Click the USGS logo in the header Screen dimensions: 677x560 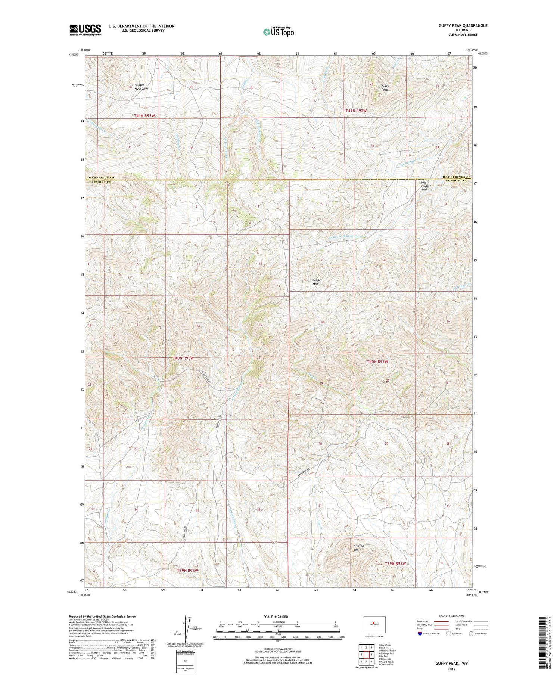pyautogui.click(x=85, y=30)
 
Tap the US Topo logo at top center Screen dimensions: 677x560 pyautogui.click(x=278, y=32)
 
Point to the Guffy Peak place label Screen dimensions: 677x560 pyautogui.click(x=385, y=88)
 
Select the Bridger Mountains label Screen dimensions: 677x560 pyautogui.click(x=141, y=87)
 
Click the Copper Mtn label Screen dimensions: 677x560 pyautogui.click(x=317, y=282)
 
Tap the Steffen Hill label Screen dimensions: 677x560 pyautogui.click(x=358, y=548)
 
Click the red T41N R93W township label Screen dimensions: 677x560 pyautogui.click(x=144, y=116)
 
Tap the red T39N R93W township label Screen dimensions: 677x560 pyautogui.click(x=187, y=571)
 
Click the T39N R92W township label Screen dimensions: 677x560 pyautogui.click(x=395, y=563)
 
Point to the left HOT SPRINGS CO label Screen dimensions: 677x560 pyautogui.click(x=100, y=178)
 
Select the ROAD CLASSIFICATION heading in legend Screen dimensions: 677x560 pyautogui.click(x=451, y=616)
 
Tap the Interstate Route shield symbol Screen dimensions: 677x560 pyautogui.click(x=420, y=634)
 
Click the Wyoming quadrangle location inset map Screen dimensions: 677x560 pyautogui.click(x=374, y=624)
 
